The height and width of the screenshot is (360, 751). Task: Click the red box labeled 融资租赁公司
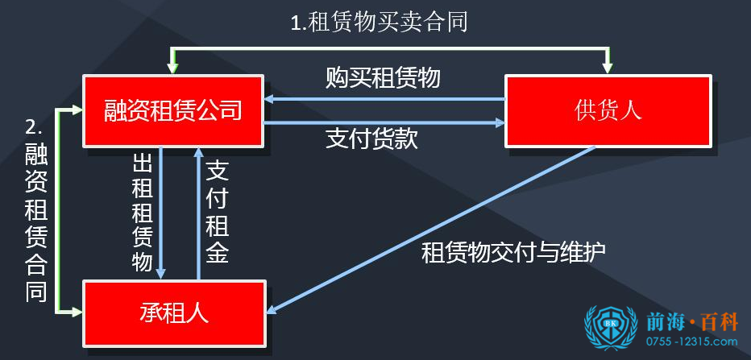point(173,110)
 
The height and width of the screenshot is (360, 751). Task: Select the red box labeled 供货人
point(608,110)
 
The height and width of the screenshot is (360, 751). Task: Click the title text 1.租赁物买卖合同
point(379,22)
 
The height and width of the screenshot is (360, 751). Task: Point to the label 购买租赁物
point(384,78)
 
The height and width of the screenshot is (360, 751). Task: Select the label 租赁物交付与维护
point(513,253)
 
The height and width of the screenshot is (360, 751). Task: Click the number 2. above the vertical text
point(33,126)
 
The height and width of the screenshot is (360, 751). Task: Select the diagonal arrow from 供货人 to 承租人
point(435,228)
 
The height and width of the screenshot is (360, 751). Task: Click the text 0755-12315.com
point(691,343)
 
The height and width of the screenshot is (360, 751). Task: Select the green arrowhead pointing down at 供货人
point(608,65)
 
